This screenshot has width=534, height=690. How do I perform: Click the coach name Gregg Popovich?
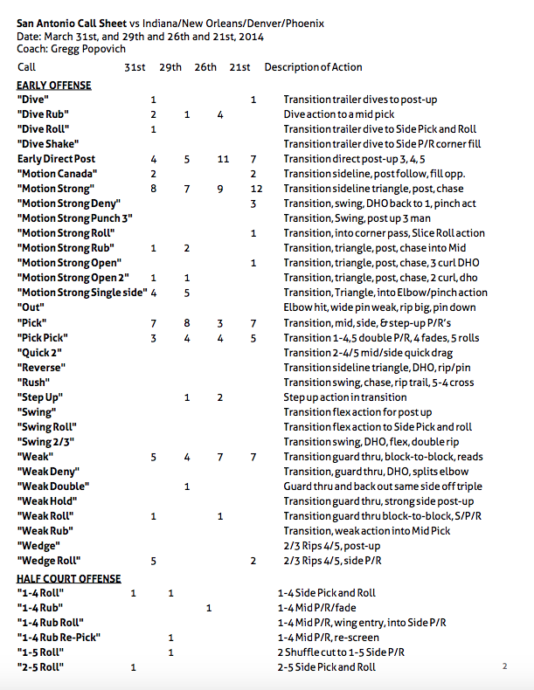pos(90,49)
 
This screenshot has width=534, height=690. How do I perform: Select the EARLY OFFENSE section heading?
pos(53,86)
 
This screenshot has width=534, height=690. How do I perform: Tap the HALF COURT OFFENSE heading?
pos(68,578)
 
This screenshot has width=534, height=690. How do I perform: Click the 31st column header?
pos(135,67)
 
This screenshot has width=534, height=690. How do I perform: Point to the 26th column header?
pos(205,67)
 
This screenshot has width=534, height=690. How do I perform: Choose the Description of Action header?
pos(313,67)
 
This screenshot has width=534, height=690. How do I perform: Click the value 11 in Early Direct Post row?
pos(223,159)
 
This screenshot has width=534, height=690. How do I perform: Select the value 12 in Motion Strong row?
pos(256,189)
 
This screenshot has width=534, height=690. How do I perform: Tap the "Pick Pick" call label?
pos(43,337)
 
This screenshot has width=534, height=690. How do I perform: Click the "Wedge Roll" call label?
pos(49,560)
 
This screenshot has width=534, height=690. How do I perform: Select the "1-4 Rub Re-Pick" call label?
pos(59,638)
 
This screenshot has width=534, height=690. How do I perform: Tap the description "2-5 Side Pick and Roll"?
pos(327,667)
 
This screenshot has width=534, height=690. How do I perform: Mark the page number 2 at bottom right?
pos(504,666)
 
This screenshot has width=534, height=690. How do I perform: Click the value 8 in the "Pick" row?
pos(187,322)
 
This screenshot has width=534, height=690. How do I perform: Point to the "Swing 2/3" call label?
pos(46,441)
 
